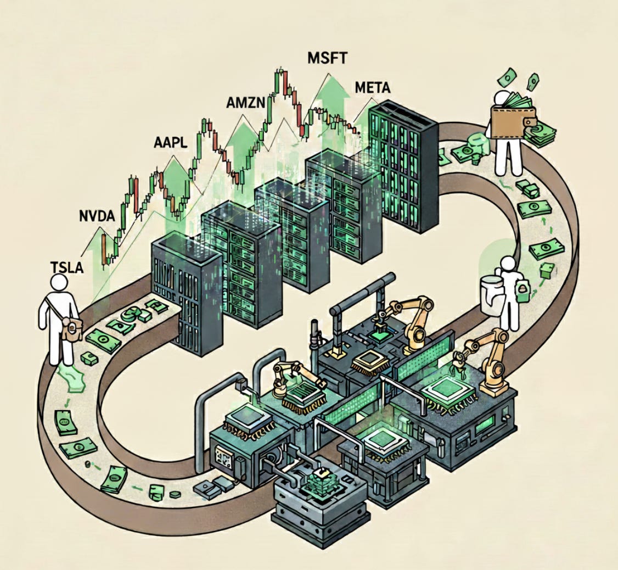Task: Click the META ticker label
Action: coord(374,88)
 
